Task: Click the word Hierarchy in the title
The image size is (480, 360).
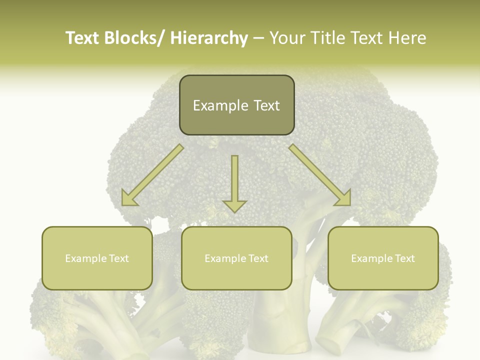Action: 209,38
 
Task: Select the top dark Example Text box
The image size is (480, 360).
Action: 236,105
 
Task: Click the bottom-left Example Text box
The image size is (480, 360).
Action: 97,258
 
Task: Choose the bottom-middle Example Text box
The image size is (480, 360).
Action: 236,258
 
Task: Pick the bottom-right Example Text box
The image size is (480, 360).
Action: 383,258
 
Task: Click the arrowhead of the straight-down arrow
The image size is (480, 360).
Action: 234,205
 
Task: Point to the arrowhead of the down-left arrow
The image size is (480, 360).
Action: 128,199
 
